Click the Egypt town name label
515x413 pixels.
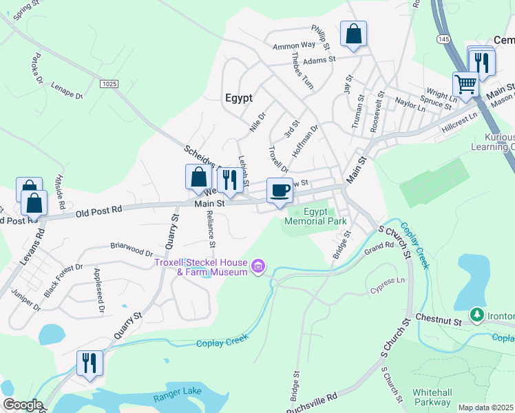(239, 98)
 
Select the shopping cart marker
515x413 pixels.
(465, 85)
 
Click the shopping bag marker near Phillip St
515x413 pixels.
(353, 34)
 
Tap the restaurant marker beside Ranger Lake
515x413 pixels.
(90, 363)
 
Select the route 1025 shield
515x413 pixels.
(109, 84)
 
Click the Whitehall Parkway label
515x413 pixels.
(432, 396)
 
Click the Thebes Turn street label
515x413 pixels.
(302, 71)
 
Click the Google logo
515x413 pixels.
(22, 405)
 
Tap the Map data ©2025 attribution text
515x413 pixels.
(486, 407)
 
